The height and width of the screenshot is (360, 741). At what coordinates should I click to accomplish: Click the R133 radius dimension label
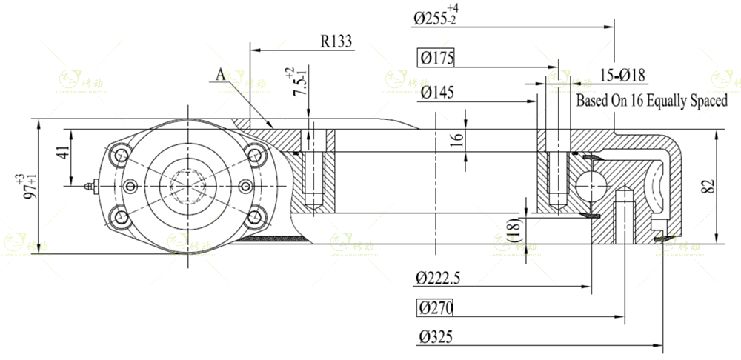click(x=336, y=41)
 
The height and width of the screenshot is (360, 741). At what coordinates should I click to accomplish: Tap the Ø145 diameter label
click(x=436, y=93)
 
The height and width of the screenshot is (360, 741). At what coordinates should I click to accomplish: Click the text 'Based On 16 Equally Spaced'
click(x=652, y=101)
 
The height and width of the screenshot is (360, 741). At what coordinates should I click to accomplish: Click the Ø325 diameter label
click(x=436, y=337)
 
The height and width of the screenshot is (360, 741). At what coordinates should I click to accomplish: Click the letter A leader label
click(x=220, y=74)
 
